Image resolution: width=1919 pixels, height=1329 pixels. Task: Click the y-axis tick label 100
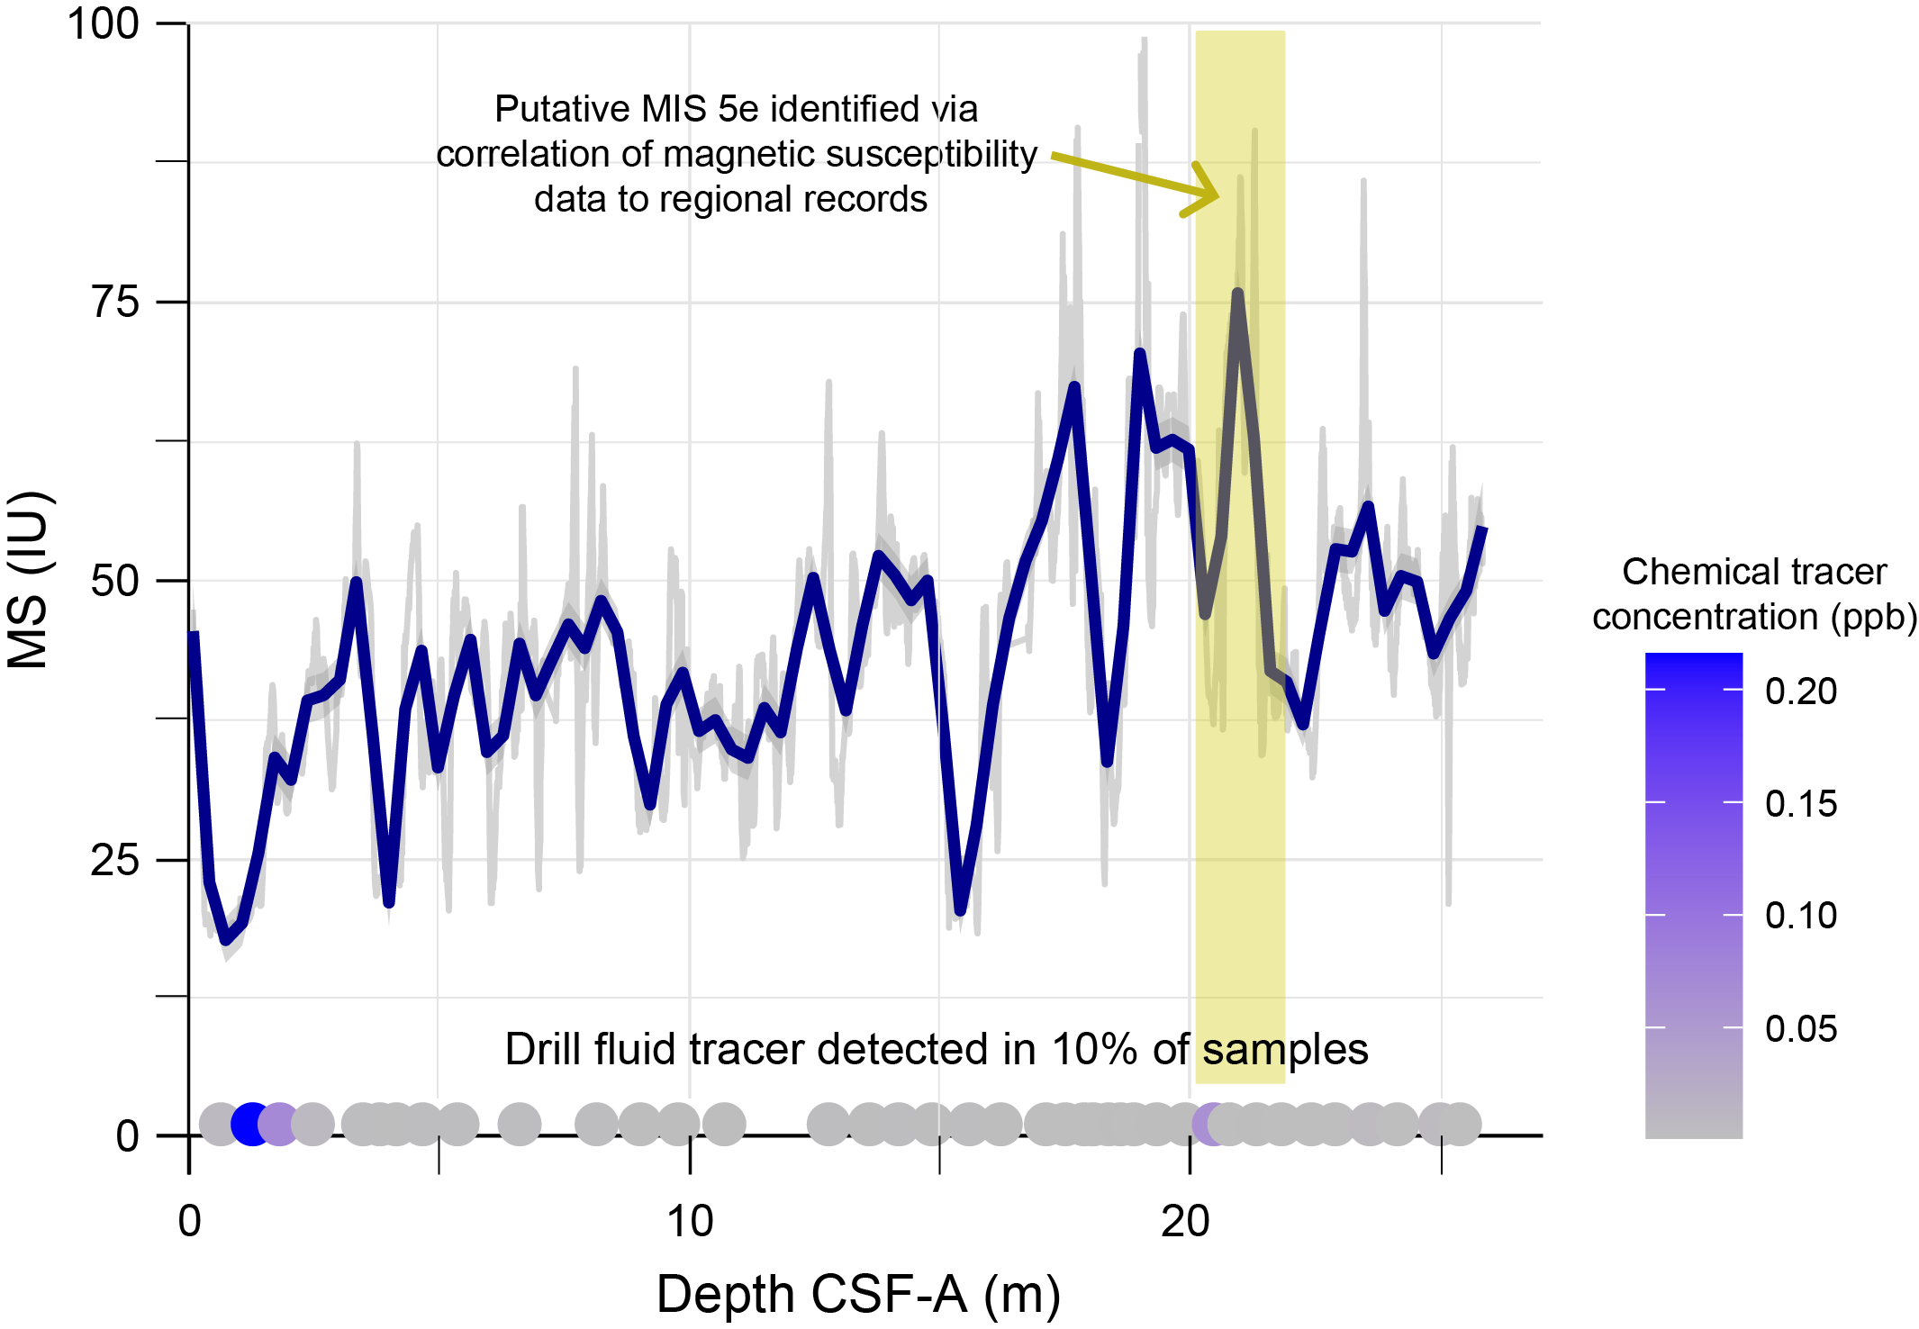(104, 24)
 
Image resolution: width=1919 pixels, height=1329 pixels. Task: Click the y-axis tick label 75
(115, 303)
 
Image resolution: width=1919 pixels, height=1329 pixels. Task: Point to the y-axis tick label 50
(115, 581)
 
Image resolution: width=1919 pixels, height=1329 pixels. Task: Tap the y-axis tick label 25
(115, 860)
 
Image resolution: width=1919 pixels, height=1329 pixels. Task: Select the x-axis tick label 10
(690, 1222)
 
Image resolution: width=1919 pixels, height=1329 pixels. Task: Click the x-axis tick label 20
(1185, 1222)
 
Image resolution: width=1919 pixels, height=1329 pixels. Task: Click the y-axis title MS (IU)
(29, 580)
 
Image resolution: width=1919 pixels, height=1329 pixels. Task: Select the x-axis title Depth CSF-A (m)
(857, 1295)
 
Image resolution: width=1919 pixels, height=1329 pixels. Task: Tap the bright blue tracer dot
(252, 1124)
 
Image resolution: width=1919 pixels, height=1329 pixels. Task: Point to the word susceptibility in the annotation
(931, 154)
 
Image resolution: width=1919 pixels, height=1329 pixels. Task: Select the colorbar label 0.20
(1801, 691)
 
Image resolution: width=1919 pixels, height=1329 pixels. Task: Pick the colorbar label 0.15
(1801, 803)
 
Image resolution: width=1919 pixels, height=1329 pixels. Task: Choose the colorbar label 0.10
(1801, 916)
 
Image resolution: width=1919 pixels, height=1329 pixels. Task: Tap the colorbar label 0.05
(1801, 1028)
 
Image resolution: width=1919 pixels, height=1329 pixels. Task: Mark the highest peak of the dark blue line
(1238, 294)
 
